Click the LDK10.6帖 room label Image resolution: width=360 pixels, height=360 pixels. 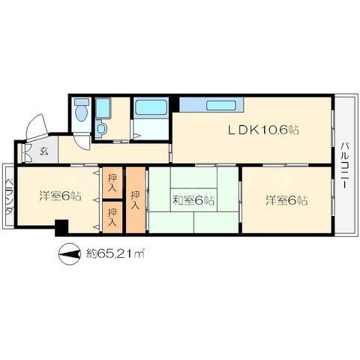[x=263, y=130]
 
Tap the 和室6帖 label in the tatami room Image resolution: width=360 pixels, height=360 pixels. [x=193, y=200]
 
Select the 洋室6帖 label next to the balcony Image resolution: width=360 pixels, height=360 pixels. [x=286, y=200]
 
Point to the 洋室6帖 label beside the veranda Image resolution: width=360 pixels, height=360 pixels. [x=60, y=196]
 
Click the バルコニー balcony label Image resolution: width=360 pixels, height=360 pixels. [x=346, y=165]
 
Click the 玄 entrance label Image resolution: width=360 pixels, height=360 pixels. [x=44, y=151]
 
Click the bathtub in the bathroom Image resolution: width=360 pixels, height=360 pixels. [x=151, y=107]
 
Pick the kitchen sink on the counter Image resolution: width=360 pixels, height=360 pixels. [x=221, y=105]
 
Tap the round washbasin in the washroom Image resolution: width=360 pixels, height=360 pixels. [x=101, y=128]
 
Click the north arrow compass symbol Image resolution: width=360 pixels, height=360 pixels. [x=70, y=254]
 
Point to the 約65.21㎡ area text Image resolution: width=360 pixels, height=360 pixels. [x=115, y=253]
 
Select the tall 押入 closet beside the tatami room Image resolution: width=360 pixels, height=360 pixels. [x=136, y=200]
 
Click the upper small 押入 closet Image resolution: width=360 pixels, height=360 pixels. [x=112, y=183]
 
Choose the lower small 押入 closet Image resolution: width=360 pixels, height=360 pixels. [x=112, y=217]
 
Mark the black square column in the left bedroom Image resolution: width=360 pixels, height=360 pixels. [x=61, y=227]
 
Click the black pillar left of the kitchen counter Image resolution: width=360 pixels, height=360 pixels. [x=175, y=104]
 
